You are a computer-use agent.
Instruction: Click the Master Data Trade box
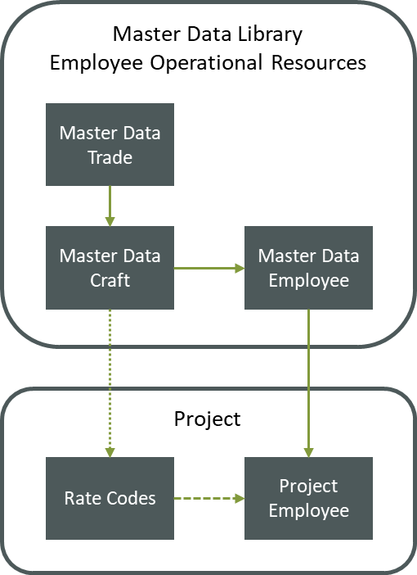click(x=110, y=144)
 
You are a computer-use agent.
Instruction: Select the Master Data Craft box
click(x=110, y=268)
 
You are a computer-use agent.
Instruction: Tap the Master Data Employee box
click(x=308, y=268)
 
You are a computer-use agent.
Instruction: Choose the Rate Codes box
click(x=110, y=498)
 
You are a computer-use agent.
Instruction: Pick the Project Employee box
click(x=308, y=498)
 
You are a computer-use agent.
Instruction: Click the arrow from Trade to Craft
click(x=110, y=205)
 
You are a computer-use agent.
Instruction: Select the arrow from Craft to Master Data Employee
click(x=208, y=268)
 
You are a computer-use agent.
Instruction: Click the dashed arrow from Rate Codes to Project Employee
click(x=208, y=498)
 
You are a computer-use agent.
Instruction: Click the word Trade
click(x=110, y=156)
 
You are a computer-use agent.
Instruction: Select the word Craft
click(x=110, y=280)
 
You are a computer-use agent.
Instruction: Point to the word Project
click(x=308, y=486)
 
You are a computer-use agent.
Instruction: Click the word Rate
click(x=83, y=498)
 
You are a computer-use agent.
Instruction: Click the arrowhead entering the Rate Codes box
click(x=110, y=452)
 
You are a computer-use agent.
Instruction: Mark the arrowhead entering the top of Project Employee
click(x=308, y=452)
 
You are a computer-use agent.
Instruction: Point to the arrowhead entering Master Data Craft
click(x=110, y=221)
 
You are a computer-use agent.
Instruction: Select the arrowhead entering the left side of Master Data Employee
click(x=240, y=268)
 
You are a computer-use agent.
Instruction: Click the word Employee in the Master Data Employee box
click(x=308, y=280)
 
